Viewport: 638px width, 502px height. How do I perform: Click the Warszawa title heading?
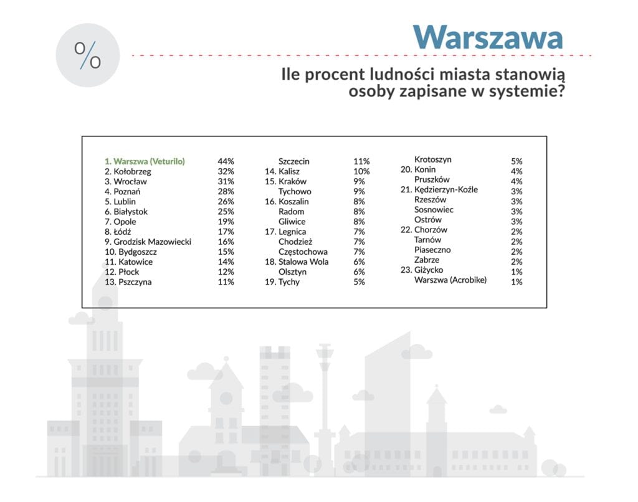tap(488, 37)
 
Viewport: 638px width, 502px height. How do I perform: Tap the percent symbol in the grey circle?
tap(87, 55)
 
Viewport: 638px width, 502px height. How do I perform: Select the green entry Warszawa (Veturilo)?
tap(145, 161)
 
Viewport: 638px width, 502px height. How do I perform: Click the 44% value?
tap(226, 161)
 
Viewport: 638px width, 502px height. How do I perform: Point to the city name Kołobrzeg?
tap(132, 172)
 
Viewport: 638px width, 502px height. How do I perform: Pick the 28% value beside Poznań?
tap(226, 192)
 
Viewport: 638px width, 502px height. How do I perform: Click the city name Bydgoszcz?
tap(138, 252)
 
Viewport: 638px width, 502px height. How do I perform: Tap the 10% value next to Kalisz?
tap(361, 172)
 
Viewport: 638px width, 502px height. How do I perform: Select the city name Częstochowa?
tap(303, 252)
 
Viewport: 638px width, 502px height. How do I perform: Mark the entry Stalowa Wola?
tap(303, 262)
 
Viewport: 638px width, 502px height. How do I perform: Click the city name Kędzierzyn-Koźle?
tap(446, 189)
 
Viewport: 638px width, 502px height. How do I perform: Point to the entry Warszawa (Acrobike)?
tap(450, 280)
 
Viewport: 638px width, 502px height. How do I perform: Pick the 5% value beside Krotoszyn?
tap(517, 161)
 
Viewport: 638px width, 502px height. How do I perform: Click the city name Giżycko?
tap(429, 270)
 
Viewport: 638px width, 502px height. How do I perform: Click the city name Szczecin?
tap(294, 161)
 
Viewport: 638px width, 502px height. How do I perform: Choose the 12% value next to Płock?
tap(226, 272)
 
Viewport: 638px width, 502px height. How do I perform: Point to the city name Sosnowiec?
tap(434, 209)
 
